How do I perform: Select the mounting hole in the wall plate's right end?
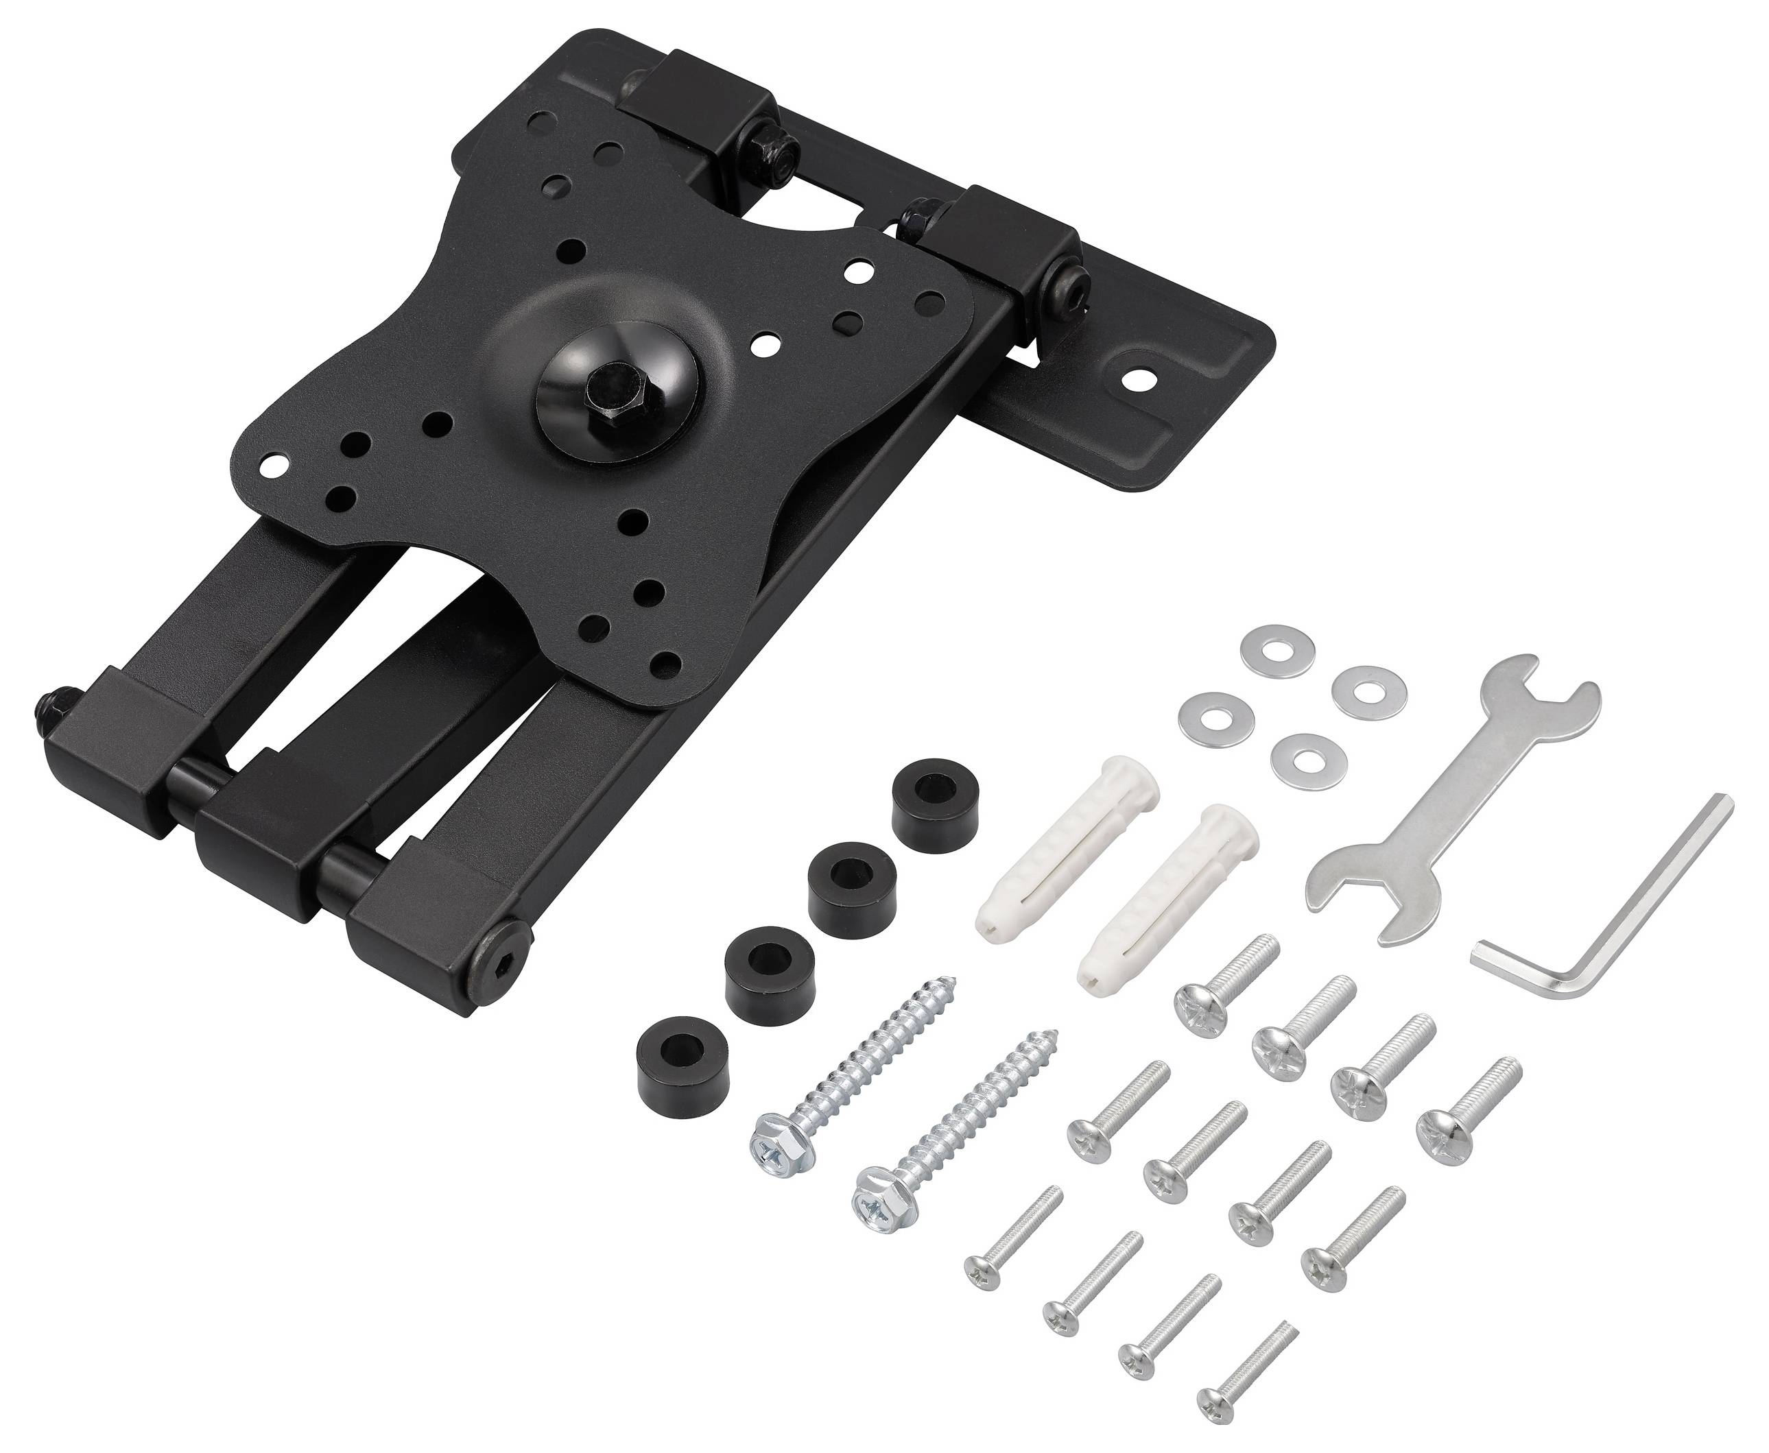[1140, 379]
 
